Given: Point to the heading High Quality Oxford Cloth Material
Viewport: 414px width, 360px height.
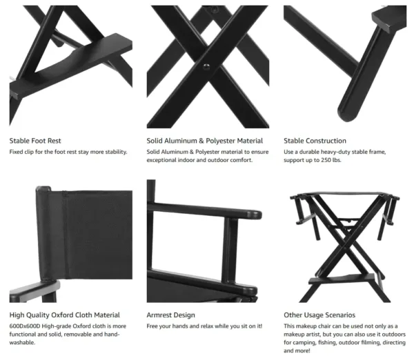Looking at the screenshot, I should coord(65,315).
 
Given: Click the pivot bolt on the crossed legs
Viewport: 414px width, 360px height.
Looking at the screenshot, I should coord(205,67).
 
